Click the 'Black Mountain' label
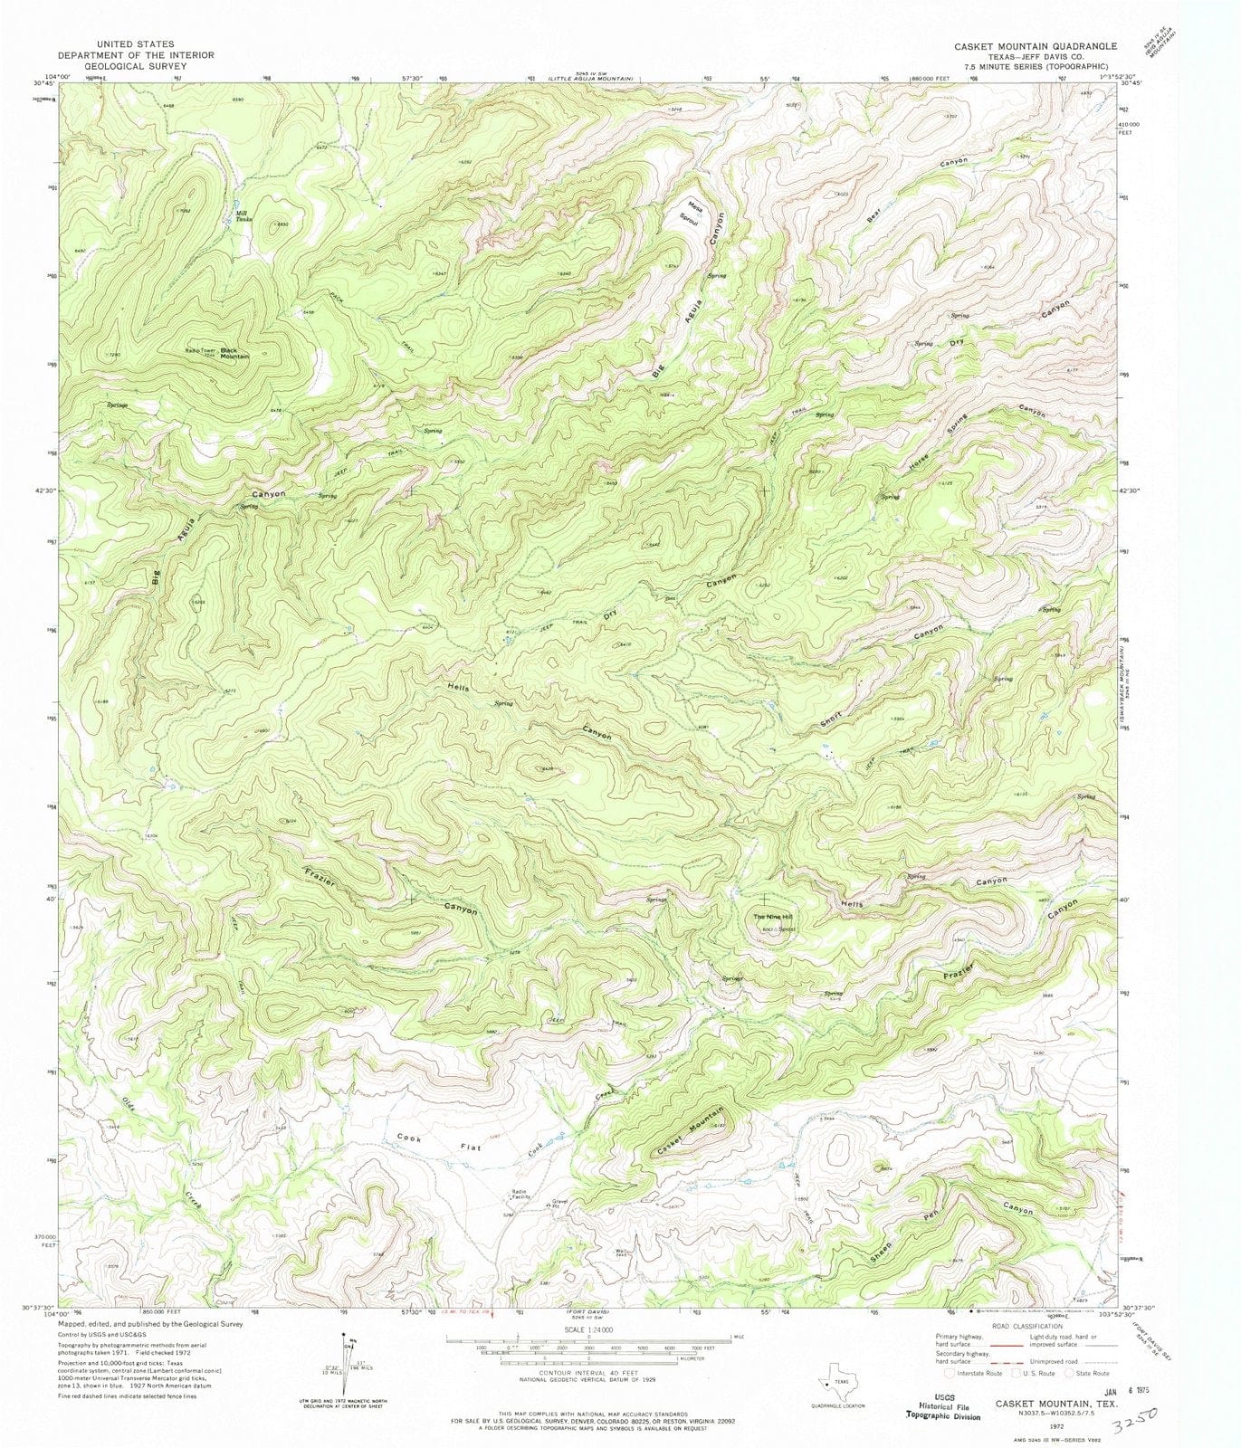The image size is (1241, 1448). (234, 354)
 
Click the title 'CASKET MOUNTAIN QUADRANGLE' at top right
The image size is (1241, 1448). (1022, 46)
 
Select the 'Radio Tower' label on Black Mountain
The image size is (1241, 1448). (200, 350)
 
